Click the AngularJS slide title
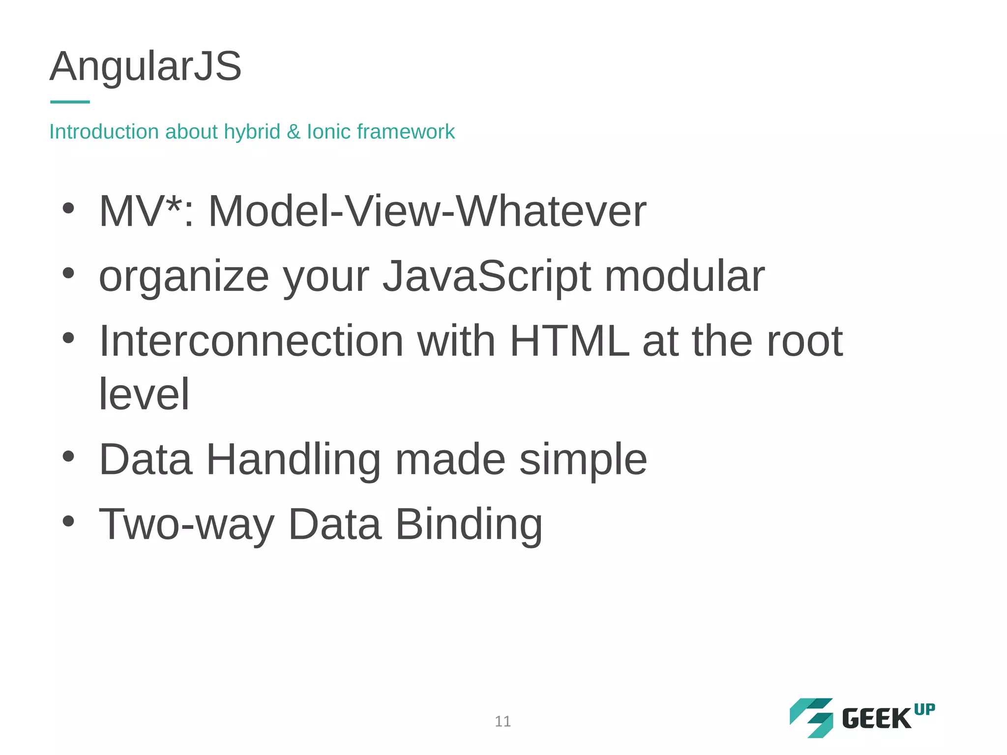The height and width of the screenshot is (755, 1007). pyautogui.click(x=146, y=66)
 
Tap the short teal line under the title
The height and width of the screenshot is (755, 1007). pyautogui.click(x=70, y=102)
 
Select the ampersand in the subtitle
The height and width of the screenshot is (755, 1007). pyautogui.click(x=294, y=132)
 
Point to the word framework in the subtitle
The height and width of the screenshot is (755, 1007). pyautogui.click(x=406, y=132)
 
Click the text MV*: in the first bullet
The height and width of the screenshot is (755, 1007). pyautogui.click(x=147, y=211)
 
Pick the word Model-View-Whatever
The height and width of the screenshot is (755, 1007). pyautogui.click(x=427, y=211)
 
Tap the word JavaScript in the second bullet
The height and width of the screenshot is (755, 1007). pyautogui.click(x=487, y=276)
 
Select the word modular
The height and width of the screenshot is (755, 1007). pyautogui.click(x=684, y=276)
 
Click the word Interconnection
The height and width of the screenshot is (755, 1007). pyautogui.click(x=251, y=341)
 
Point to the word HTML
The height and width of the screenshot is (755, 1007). pyautogui.click(x=569, y=341)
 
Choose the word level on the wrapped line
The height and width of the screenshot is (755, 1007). pyautogui.click(x=144, y=394)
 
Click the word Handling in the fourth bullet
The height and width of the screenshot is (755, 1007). pyautogui.click(x=294, y=460)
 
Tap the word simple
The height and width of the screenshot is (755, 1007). pyautogui.click(x=583, y=460)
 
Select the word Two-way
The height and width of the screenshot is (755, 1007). pyautogui.click(x=187, y=524)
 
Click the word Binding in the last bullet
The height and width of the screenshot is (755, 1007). pyautogui.click(x=469, y=524)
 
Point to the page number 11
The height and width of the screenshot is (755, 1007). pyautogui.click(x=503, y=721)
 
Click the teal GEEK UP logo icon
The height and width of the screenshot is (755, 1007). pyautogui.click(x=812, y=718)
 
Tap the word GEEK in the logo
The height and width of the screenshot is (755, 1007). pyautogui.click(x=877, y=719)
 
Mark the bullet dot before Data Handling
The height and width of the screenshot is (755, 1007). pyautogui.click(x=68, y=457)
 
